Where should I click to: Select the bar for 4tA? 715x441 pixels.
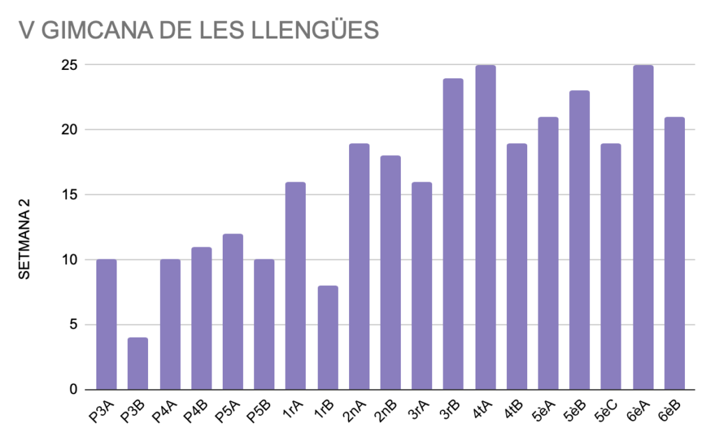pos(485,227)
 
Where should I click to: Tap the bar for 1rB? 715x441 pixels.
pos(327,338)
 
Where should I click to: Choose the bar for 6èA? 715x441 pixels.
pos(643,227)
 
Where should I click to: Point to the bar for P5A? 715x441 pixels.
pos(233,312)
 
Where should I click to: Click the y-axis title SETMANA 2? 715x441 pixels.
pos(24,238)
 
